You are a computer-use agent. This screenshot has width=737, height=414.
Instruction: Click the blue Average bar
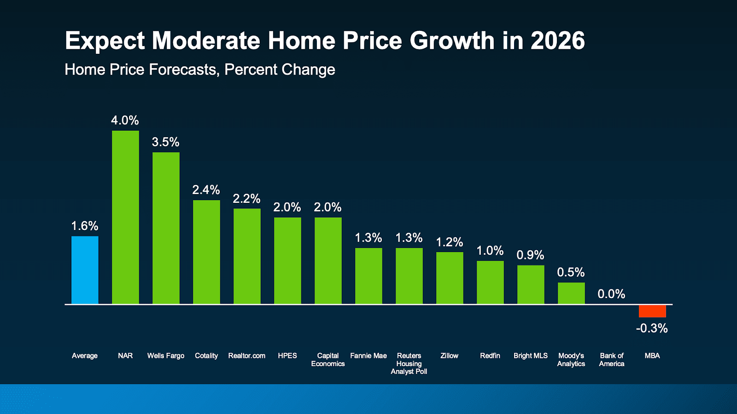pos(85,270)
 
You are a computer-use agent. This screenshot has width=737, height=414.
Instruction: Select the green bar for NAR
pos(125,217)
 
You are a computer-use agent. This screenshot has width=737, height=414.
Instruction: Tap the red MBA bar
pos(652,311)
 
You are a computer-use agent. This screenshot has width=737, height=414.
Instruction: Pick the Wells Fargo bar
pos(166,228)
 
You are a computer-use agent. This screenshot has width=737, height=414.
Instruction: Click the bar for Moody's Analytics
pos(571,293)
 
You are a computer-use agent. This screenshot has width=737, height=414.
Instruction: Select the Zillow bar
pos(450,278)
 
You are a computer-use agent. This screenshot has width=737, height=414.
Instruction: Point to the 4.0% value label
pos(125,121)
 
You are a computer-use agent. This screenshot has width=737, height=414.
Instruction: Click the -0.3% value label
pos(652,328)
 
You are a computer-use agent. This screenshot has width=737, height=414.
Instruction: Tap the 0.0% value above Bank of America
pos(611,294)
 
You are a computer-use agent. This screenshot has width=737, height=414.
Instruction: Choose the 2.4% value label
pos(206,190)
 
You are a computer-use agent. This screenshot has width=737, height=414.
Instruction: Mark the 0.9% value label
pos(530,255)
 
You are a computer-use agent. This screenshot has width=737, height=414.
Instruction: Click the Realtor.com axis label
pos(247,356)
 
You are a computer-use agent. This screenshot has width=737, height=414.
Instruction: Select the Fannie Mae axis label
pos(368,356)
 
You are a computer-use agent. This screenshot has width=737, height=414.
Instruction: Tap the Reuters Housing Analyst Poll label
pos(409,363)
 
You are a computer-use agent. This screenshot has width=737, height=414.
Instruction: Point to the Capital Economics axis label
pos(328,360)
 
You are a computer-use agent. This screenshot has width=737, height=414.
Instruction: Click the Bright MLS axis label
pos(531,356)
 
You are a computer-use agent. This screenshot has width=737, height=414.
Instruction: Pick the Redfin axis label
pos(490,356)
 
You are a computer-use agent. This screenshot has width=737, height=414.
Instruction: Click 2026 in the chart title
pos(557,40)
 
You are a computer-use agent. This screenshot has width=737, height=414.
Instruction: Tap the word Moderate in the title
pos(206,40)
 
